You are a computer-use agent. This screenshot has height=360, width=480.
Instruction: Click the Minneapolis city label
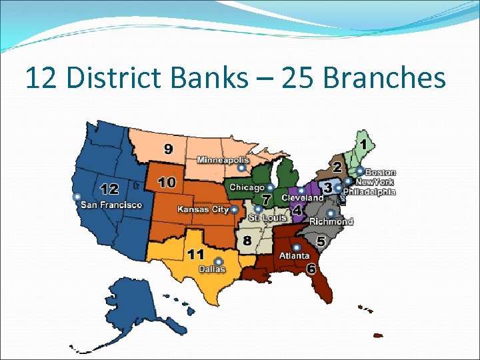pos(223,160)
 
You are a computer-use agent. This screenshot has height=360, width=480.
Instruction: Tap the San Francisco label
pos(111,205)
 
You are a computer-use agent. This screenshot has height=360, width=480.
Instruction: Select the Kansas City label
pos(203,209)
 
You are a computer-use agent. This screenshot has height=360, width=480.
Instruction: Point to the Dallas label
pos(212,269)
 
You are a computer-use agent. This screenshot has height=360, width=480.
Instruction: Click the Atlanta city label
pos(294,255)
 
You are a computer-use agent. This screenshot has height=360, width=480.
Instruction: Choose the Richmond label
pos(331,221)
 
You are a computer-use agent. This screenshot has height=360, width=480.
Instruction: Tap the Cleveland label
pos(302,198)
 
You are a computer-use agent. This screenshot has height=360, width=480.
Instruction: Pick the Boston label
pos(380,173)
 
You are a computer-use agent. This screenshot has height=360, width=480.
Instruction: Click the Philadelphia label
pos(369,191)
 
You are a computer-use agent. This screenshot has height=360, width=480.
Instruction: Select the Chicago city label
pos(247,188)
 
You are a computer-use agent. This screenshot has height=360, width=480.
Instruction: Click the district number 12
pos(109,189)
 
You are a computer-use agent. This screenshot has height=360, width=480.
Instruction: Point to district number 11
pos(196,254)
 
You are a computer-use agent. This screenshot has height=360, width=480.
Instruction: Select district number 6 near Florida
pos(311,269)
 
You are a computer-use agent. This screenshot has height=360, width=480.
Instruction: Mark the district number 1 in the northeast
pos(364,143)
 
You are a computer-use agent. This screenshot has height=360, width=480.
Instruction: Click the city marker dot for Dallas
pos(218,261)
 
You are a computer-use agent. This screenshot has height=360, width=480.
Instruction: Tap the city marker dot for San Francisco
pos(77,197)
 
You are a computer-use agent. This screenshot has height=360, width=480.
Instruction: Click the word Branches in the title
pos(384,79)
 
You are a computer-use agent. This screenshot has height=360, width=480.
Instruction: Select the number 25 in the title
pos(298,79)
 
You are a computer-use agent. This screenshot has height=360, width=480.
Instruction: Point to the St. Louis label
pos(267,218)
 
